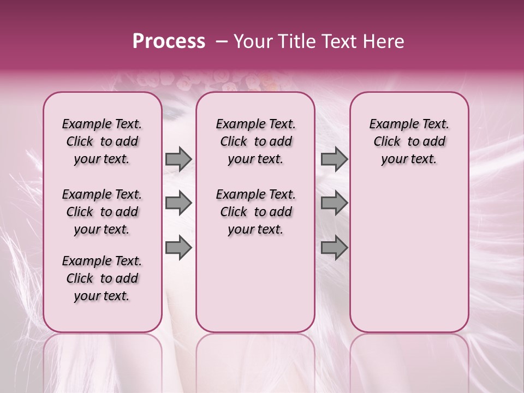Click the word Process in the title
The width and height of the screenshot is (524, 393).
point(169,41)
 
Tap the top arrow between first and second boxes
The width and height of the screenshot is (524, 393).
point(178,159)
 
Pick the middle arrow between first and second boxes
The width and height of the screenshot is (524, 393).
point(178,204)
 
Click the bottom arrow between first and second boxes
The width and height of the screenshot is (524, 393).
point(178,248)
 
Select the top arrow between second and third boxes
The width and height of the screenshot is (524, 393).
point(334,159)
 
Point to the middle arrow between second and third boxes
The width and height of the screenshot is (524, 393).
point(334,204)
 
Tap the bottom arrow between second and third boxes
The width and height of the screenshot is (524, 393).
point(334,248)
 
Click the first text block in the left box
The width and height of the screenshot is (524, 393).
point(102,141)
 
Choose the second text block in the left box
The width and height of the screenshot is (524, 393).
point(102,212)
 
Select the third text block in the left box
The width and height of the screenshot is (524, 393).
point(102,278)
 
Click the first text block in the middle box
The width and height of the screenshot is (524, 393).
point(255,141)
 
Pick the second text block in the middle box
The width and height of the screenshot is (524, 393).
point(255,212)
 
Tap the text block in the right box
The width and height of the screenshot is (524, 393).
point(409,141)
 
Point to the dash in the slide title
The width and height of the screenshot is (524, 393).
point(222,41)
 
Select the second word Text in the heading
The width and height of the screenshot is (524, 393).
point(341,41)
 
